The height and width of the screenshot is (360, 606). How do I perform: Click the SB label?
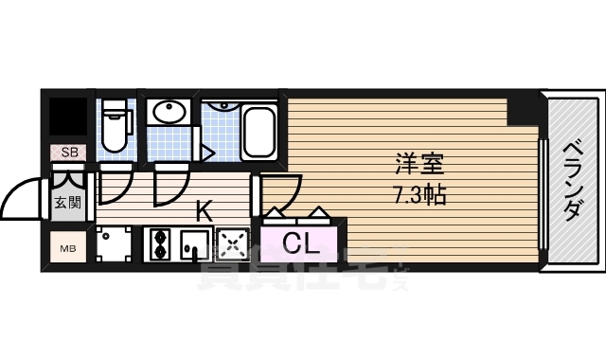click(68, 152)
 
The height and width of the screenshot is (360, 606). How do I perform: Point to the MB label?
click(68, 249)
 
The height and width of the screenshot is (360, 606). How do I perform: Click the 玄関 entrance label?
click(66, 202)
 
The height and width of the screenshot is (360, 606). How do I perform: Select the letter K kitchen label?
click(203, 208)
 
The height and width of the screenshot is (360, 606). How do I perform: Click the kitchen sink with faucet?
click(195, 244)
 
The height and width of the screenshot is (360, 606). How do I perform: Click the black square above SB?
click(67, 117)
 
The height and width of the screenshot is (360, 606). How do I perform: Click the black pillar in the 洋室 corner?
click(521, 109)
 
